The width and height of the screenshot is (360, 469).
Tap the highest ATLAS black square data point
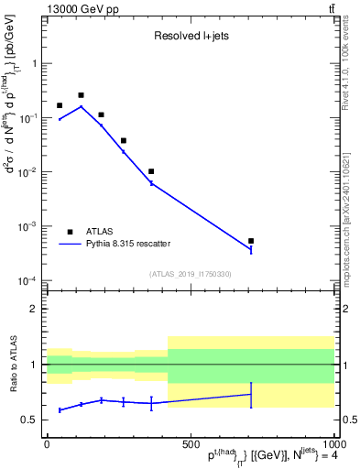tap(81, 95)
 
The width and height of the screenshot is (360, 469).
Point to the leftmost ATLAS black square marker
tap(60, 106)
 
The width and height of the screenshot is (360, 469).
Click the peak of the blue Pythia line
tap(81, 106)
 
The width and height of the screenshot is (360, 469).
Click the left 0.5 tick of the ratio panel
tap(30, 420)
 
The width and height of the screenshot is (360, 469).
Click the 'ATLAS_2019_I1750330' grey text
tap(190, 274)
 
